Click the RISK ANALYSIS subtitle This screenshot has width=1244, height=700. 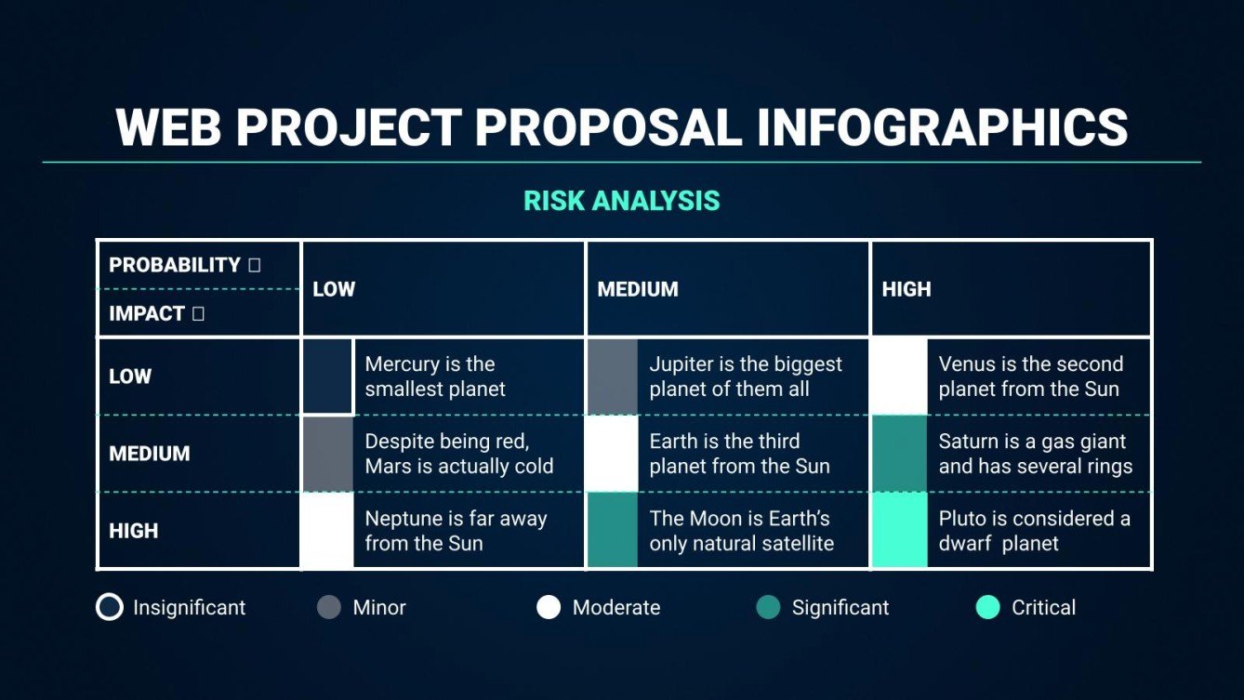621,201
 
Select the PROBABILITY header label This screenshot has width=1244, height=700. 175,265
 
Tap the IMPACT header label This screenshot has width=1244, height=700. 146,314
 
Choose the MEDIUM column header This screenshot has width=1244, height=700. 638,289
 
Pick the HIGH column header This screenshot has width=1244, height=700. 907,289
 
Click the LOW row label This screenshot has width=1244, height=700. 130,376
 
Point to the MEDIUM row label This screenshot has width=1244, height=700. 150,454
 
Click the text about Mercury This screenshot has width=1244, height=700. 435,376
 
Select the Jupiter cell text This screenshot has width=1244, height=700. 746,376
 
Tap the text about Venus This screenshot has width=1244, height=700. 1030,376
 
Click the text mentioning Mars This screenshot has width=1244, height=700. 458,454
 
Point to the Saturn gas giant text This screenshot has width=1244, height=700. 1035,454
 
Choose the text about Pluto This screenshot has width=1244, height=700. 1034,531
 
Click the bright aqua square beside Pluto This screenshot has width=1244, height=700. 900,531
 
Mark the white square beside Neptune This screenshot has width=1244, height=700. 328,531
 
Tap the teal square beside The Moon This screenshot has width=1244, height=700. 613,531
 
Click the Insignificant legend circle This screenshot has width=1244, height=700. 110,608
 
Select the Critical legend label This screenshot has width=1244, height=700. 1043,608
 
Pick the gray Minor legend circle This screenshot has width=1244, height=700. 329,608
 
